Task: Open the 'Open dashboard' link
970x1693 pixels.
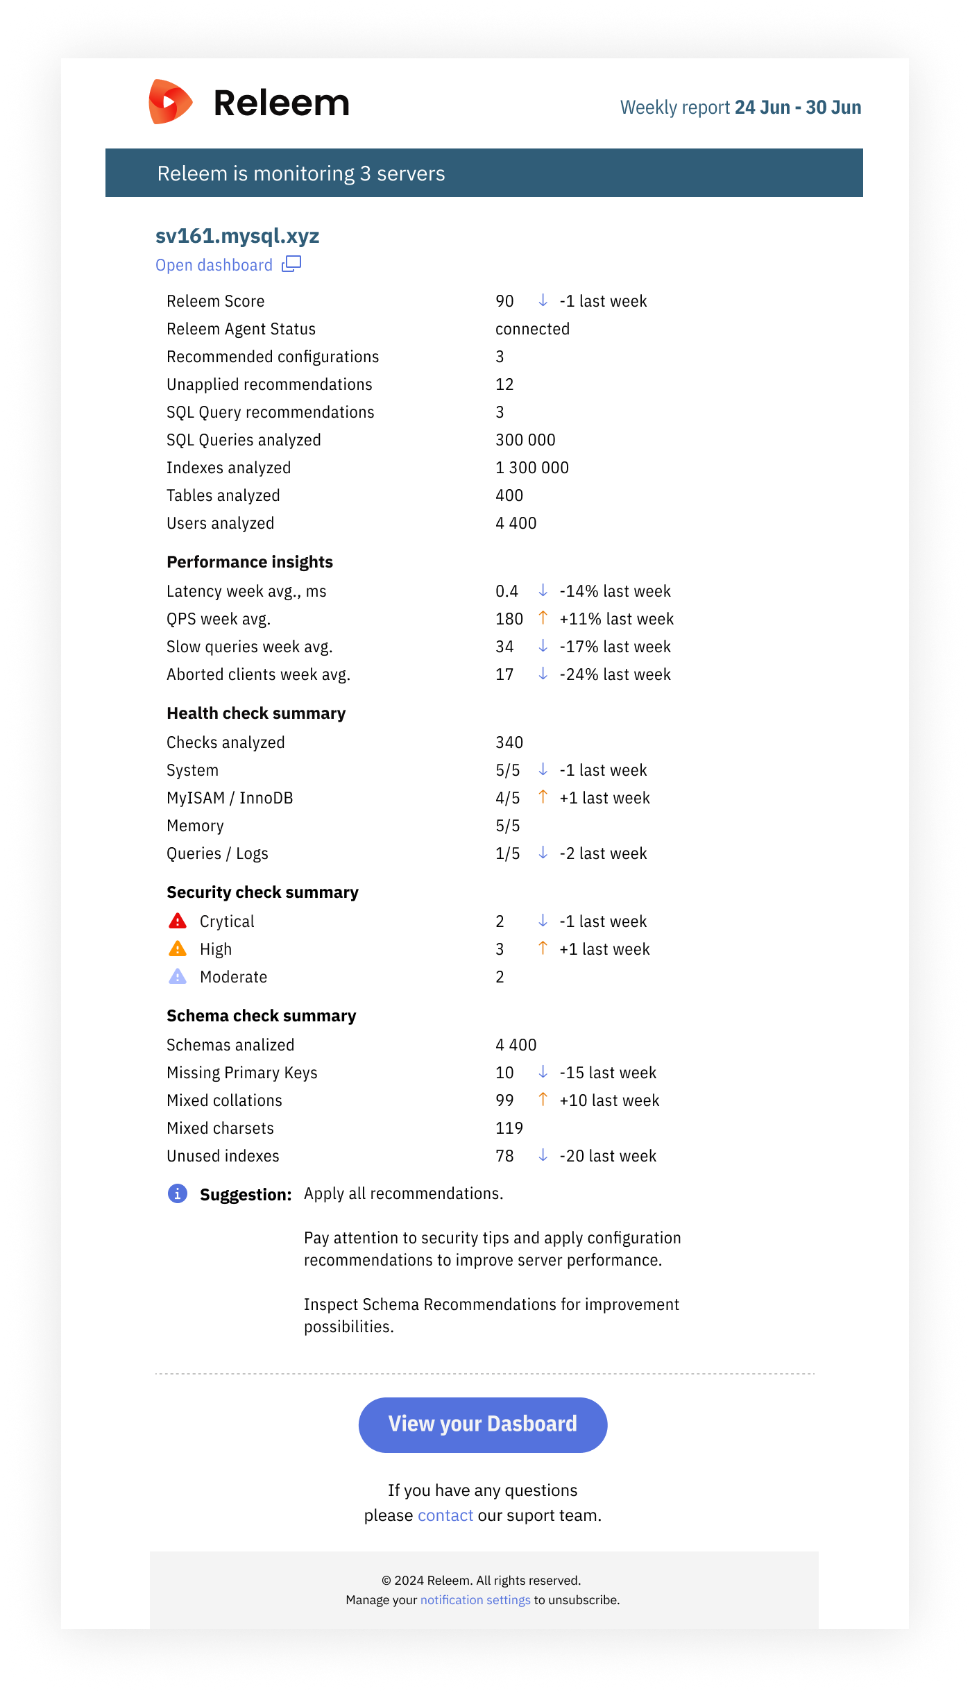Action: pos(214,265)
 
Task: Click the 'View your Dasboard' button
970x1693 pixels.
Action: pos(483,1424)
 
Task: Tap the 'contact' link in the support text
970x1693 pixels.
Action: pos(445,1515)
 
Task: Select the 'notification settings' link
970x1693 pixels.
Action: pos(475,1600)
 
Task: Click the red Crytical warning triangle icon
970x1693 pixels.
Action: pos(178,921)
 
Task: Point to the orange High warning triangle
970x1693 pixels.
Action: pos(178,949)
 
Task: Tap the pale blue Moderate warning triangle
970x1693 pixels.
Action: pos(178,977)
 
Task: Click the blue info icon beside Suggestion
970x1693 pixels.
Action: pos(178,1193)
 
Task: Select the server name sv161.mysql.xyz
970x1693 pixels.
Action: pos(237,236)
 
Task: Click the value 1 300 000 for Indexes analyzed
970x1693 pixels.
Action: pos(532,468)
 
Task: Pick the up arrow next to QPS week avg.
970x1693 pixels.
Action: pos(543,618)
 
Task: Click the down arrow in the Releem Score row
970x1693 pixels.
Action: pos(543,300)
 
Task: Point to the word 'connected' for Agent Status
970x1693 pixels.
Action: pos(532,329)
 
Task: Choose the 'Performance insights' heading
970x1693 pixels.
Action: pos(250,562)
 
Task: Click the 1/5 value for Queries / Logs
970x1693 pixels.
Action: pos(507,853)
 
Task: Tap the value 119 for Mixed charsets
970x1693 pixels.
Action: pos(509,1128)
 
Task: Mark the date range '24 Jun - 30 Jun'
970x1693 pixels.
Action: pos(798,108)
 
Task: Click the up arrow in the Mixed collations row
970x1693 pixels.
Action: pos(543,1099)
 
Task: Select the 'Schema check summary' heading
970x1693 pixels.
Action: pos(261,1016)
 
